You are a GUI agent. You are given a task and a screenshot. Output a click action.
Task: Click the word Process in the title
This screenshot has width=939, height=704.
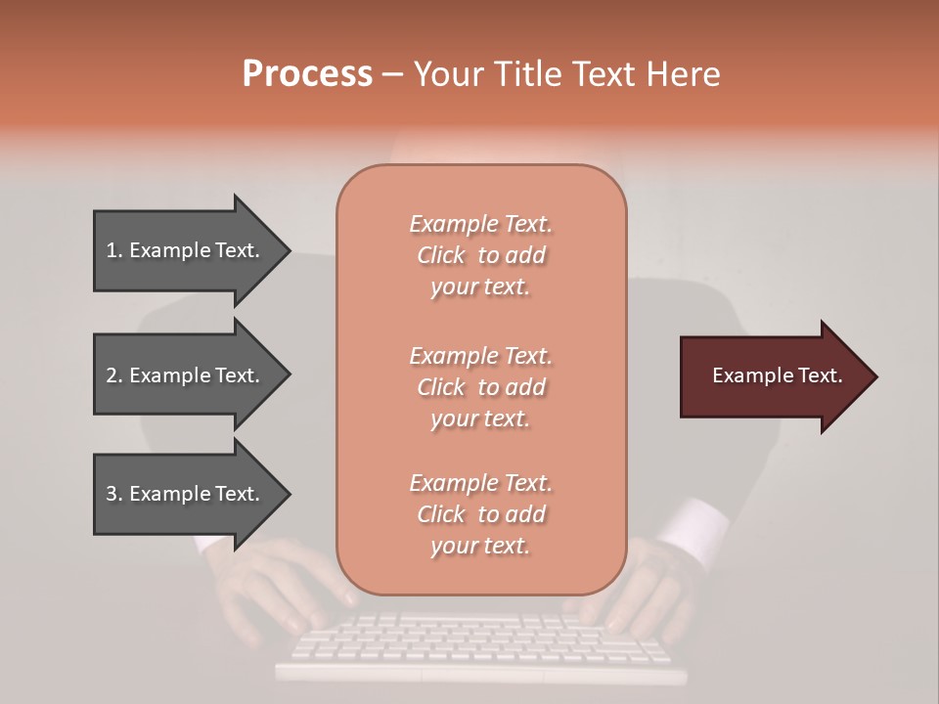pos(307,74)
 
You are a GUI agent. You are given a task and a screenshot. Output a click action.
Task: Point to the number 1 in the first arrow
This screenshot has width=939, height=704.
pos(112,250)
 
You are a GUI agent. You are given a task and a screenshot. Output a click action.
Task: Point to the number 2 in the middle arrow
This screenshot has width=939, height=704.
pos(112,375)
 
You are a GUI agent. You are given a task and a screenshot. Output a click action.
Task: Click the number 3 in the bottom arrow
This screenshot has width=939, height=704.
pos(112,494)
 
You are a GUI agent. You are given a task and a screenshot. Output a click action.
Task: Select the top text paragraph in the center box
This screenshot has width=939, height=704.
pos(480,255)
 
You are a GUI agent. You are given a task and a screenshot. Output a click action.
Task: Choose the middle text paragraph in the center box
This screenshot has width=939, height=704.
pos(480,387)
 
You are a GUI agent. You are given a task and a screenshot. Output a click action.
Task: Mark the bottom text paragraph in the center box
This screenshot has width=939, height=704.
pos(480,514)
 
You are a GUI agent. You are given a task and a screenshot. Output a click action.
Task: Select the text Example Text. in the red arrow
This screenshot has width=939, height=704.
pos(778,375)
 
